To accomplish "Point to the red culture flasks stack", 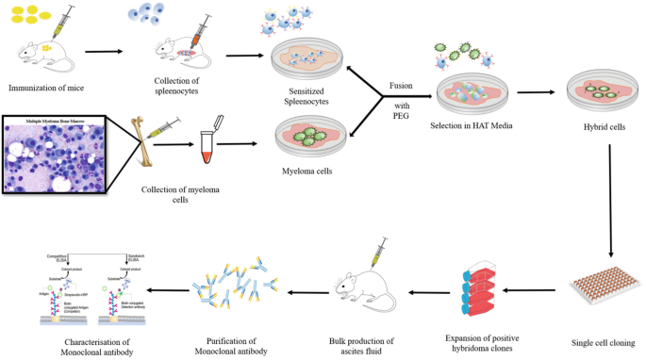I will click(480, 283).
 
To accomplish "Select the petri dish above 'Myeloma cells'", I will click(308, 137).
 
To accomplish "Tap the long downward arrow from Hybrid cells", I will click(612, 199).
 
